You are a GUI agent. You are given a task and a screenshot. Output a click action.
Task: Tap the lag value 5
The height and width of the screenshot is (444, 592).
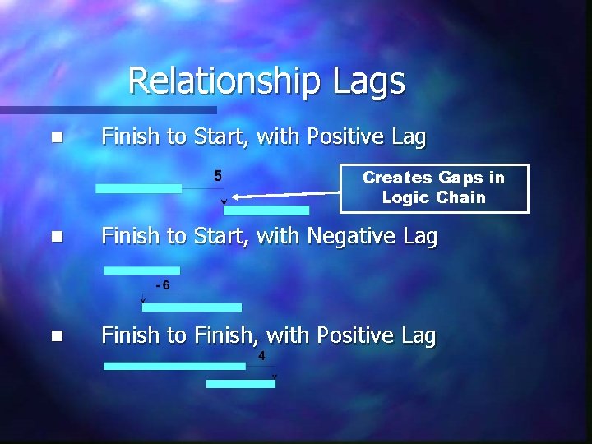coord(218,175)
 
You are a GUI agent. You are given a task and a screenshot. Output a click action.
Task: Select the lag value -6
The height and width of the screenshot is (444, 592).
coord(162,285)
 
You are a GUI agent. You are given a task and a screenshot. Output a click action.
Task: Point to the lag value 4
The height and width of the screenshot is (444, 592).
coord(261,355)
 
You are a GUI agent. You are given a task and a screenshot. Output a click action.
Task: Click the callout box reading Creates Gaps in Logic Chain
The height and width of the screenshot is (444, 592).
coord(434,188)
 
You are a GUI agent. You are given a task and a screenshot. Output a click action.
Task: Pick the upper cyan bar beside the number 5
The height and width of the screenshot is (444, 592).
coord(138,188)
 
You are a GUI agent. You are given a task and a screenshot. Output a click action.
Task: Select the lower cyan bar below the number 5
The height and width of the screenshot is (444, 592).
coord(266,210)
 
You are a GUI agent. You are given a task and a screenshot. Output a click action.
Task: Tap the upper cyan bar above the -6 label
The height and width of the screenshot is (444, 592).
coord(141,270)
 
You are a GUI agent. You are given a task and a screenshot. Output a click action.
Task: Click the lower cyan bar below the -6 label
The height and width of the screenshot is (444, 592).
coord(192,308)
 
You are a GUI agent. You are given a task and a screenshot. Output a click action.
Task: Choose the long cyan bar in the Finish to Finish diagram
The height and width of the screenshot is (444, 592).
coord(174,366)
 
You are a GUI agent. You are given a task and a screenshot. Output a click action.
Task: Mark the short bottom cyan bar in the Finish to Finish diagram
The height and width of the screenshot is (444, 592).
coord(240,383)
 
